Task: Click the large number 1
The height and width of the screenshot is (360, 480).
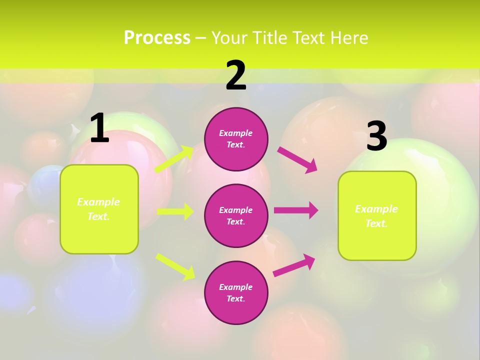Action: click(x=99, y=128)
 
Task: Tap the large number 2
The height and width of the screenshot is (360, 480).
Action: click(x=236, y=75)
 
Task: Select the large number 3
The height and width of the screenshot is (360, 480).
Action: click(x=376, y=136)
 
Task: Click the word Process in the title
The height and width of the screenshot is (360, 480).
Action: click(x=157, y=37)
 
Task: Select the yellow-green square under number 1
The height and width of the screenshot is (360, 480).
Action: click(x=99, y=209)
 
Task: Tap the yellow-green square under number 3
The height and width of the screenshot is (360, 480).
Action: click(x=377, y=215)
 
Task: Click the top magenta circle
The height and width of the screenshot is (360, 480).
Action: click(x=236, y=139)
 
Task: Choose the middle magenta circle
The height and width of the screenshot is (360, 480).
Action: click(x=236, y=215)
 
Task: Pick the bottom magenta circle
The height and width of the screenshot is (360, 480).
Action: click(x=236, y=292)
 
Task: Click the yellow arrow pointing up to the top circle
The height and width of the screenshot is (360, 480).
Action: click(x=174, y=159)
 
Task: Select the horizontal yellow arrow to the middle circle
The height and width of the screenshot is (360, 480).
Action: click(x=175, y=211)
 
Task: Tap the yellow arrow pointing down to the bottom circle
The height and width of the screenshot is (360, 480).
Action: click(x=175, y=266)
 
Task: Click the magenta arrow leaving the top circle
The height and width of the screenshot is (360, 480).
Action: click(x=297, y=160)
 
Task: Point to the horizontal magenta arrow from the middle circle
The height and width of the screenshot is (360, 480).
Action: click(x=296, y=210)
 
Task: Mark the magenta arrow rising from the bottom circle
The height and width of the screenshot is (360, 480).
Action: click(x=294, y=265)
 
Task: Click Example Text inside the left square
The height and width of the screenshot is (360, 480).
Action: click(x=98, y=209)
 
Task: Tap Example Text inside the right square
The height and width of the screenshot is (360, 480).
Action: click(x=376, y=216)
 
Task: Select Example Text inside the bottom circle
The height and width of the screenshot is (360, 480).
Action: click(x=236, y=292)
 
